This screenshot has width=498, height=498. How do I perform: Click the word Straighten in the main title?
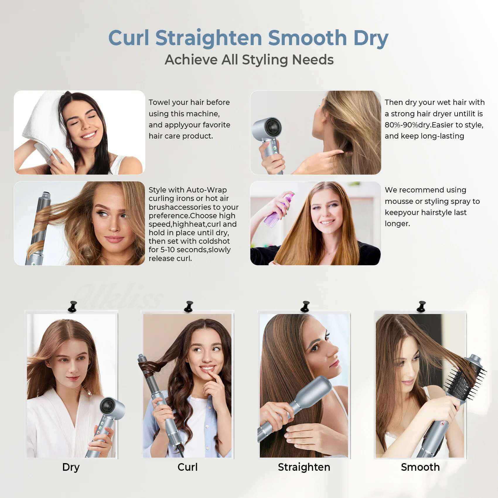point(208,38)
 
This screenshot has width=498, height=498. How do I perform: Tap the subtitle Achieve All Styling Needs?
point(249,60)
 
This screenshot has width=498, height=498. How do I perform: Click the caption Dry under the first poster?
point(71,467)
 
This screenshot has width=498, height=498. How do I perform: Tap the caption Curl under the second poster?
point(187,467)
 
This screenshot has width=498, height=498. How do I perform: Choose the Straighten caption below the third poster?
point(304,467)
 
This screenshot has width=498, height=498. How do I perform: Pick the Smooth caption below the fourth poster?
point(420,467)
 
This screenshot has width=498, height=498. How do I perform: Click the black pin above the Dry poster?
point(72,306)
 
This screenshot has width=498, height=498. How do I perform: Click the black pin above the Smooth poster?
point(421,306)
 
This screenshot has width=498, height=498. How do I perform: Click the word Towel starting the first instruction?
point(159,102)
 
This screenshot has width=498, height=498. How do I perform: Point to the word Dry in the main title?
point(371,38)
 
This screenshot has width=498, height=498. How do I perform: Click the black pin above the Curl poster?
point(189,306)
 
